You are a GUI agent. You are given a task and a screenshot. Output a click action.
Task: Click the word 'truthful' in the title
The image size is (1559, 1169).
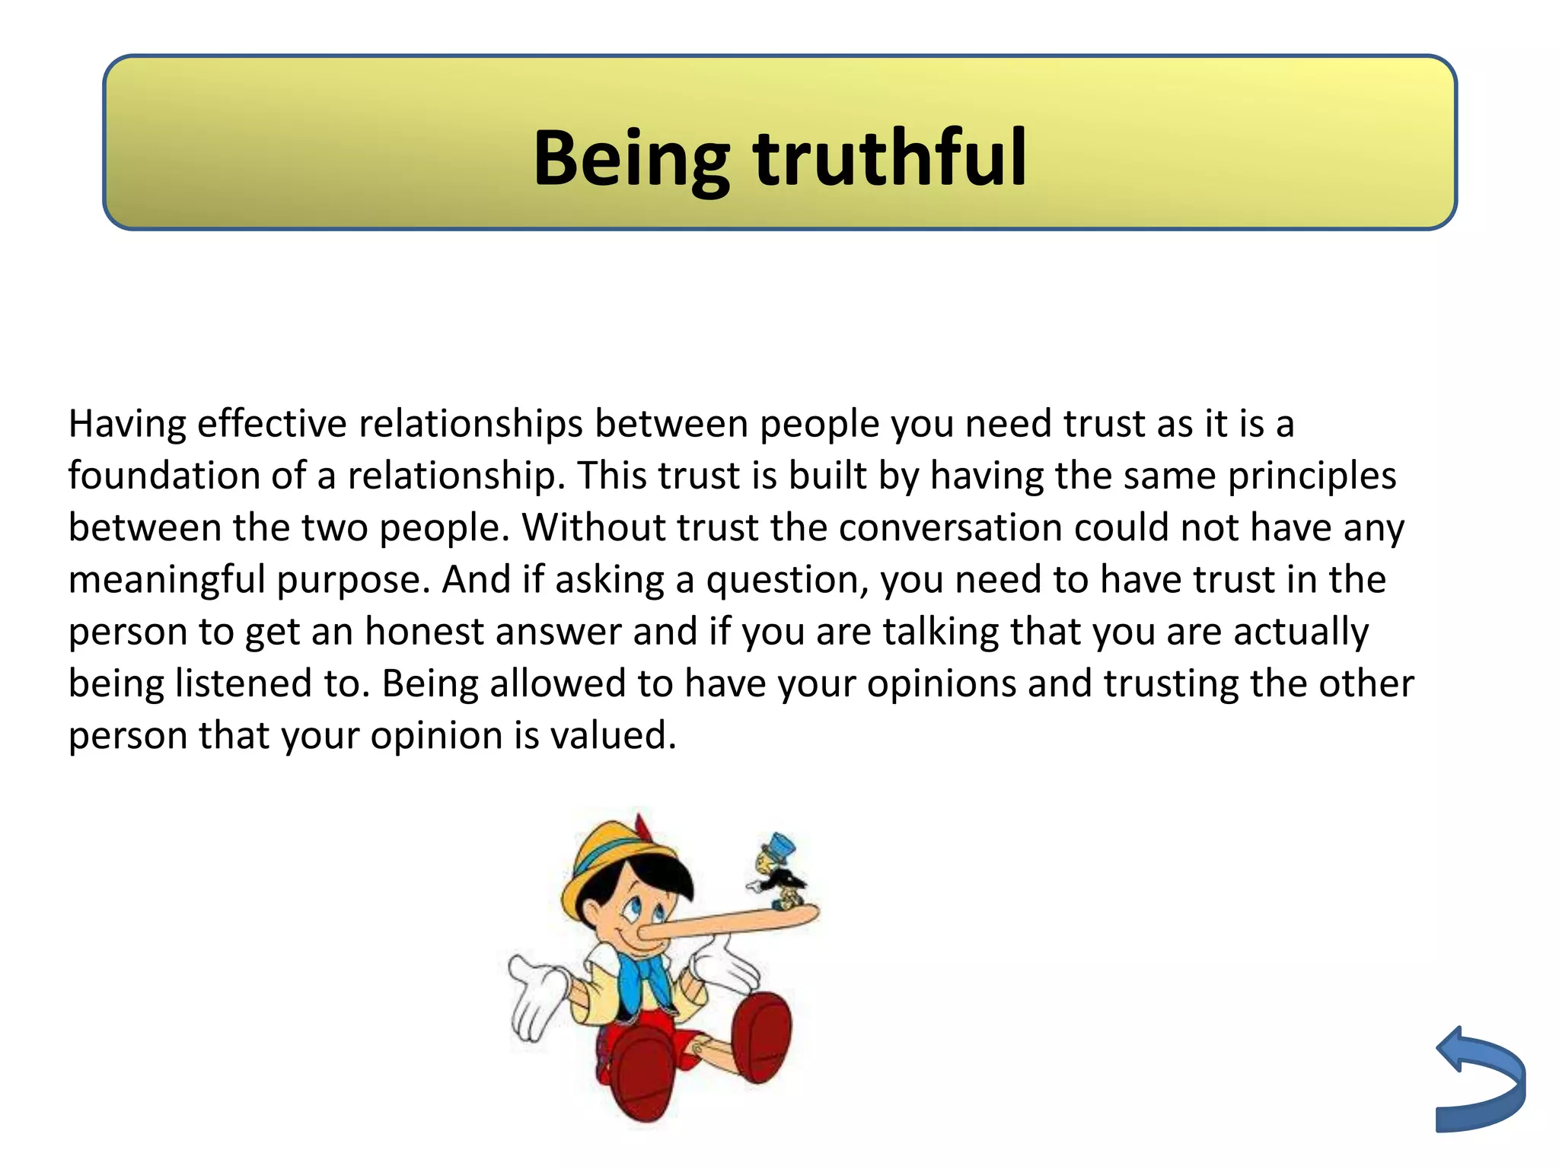pyautogui.click(x=891, y=158)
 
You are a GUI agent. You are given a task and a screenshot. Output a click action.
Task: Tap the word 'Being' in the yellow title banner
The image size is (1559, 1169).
pyautogui.click(x=631, y=158)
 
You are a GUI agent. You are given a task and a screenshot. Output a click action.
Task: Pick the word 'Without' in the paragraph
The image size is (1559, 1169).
pyautogui.click(x=594, y=527)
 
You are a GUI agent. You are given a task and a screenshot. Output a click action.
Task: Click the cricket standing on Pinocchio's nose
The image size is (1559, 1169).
pyautogui.click(x=776, y=875)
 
